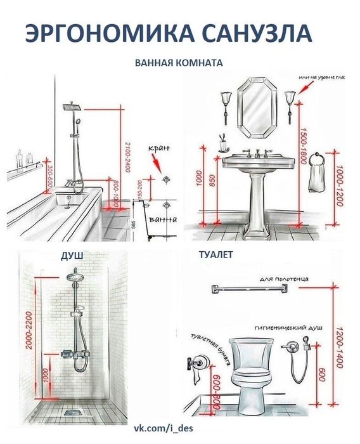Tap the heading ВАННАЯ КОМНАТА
(179, 63)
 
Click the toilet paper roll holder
(193, 363)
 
